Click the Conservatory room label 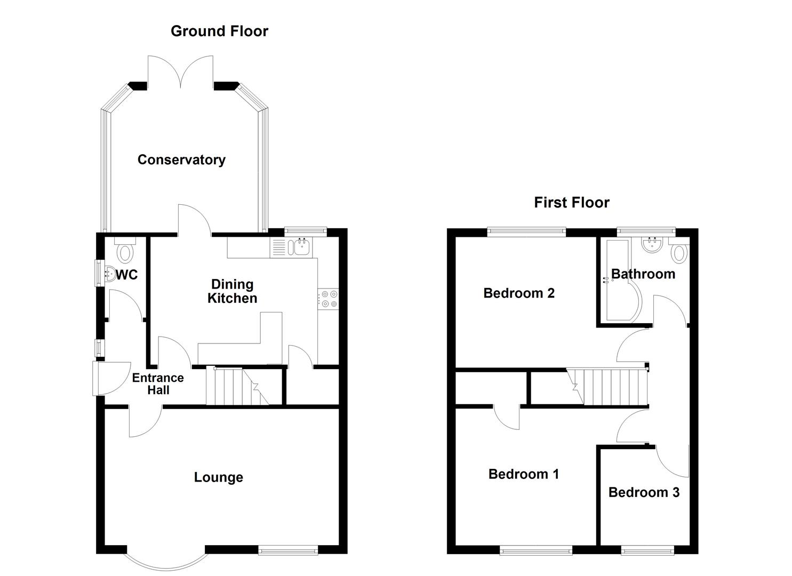[181, 159]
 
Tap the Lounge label [218, 477]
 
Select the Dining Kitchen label [232, 291]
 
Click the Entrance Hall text [158, 384]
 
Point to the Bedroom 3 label [644, 492]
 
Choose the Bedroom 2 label [519, 293]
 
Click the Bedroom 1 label [524, 474]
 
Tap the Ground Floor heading [219, 31]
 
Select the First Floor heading [572, 202]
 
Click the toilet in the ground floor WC [125, 252]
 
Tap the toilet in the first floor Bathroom [679, 252]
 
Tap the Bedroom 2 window [526, 231]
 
